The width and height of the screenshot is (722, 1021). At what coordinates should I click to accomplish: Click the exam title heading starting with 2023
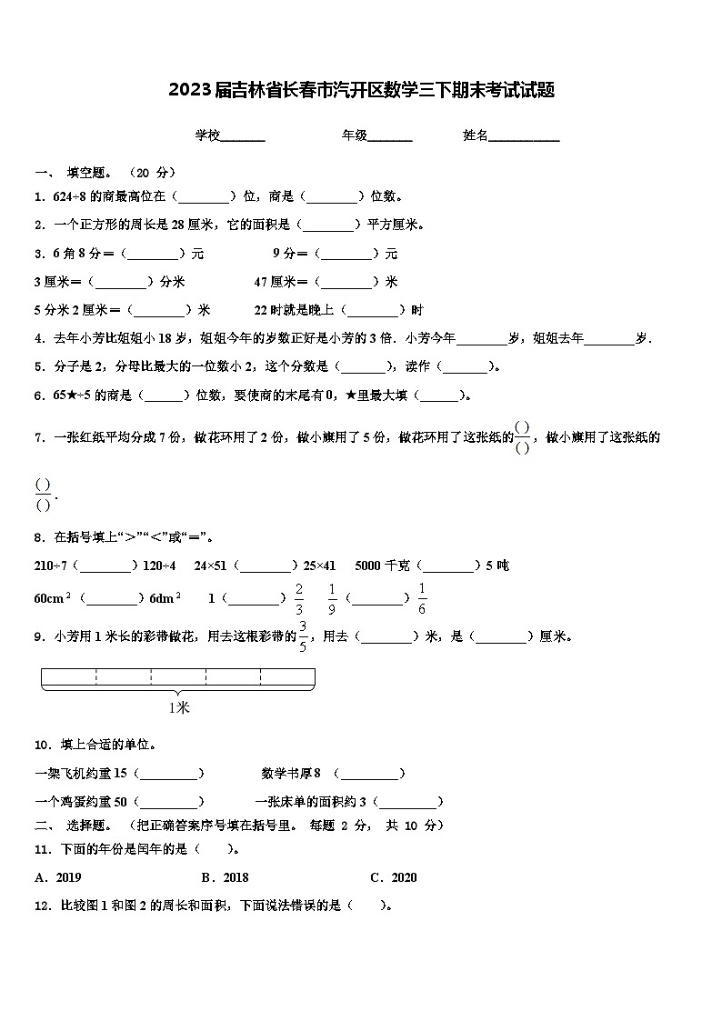(361, 90)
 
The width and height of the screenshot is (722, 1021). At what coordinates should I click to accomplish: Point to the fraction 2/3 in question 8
(298, 599)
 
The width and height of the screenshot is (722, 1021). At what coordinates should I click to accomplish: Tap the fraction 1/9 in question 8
(332, 599)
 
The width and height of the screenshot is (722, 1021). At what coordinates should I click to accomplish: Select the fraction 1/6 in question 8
(422, 599)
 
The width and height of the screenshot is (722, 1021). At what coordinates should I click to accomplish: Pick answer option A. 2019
(58, 877)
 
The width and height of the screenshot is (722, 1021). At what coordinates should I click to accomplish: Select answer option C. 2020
(394, 877)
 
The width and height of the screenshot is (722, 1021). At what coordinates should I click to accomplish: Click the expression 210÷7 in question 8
(51, 566)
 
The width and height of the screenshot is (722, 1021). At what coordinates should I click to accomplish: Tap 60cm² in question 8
(53, 598)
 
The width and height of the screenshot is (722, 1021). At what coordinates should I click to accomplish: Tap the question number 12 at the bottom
(41, 906)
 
